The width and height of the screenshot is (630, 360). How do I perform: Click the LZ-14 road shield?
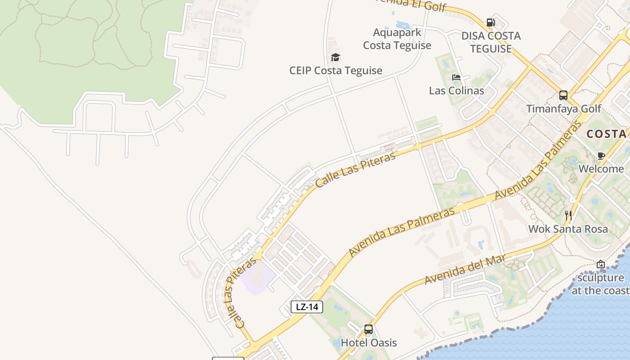tap(307, 307)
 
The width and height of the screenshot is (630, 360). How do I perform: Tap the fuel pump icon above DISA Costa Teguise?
tap(490, 22)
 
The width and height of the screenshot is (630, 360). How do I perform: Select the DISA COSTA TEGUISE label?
tap(491, 42)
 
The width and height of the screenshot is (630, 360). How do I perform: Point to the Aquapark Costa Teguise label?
tap(397, 39)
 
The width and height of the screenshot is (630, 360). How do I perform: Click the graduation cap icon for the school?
tap(335, 57)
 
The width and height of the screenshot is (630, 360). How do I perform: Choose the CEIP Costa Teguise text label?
tap(336, 71)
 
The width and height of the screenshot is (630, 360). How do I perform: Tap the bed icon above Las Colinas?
tap(456, 77)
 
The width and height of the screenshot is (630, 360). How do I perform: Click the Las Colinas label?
tap(456, 90)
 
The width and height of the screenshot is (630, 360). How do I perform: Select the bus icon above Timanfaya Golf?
tap(563, 95)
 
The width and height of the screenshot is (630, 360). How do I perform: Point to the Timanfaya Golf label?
tap(564, 108)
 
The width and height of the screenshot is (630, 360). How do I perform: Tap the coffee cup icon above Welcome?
tap(601, 156)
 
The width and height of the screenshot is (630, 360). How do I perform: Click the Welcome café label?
tap(601, 169)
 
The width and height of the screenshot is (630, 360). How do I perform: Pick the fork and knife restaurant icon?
tap(568, 216)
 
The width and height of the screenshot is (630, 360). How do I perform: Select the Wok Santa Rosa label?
tap(568, 229)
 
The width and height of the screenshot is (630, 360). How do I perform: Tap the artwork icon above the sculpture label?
tap(600, 264)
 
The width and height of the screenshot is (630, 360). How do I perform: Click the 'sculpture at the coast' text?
tap(600, 284)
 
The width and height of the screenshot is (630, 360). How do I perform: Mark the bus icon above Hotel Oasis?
tap(369, 329)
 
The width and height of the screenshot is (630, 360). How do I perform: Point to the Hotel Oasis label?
tap(369, 342)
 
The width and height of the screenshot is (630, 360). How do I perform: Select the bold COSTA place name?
tap(607, 134)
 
